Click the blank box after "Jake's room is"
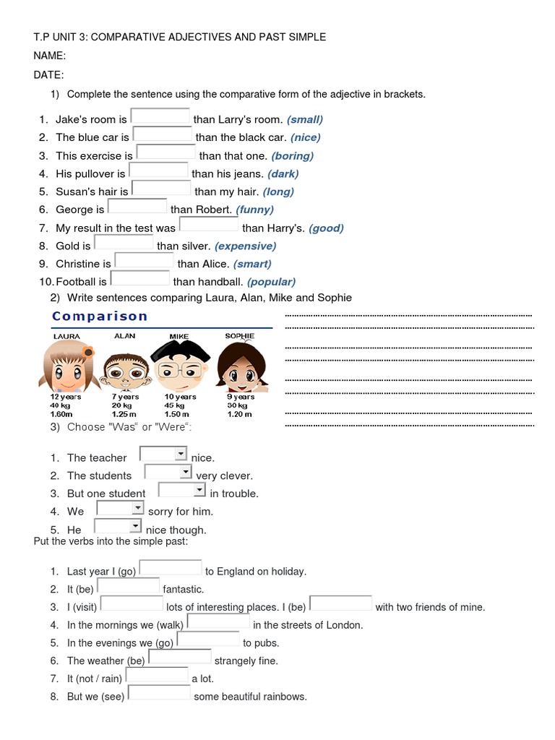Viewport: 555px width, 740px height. pyautogui.click(x=160, y=117)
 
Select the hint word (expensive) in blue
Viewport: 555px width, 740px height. pyautogui.click(x=245, y=246)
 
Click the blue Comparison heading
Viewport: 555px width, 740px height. pyautogui.click(x=100, y=317)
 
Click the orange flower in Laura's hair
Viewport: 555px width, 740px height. pyautogui.click(x=88, y=352)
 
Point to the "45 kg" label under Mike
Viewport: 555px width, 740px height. pyautogui.click(x=176, y=405)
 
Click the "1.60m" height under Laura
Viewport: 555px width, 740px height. pyautogui.click(x=61, y=414)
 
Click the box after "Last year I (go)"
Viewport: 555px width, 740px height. pyautogui.click(x=171, y=569)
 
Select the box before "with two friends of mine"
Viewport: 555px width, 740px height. pyautogui.click(x=340, y=604)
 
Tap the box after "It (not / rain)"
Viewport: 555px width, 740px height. pyautogui.click(x=157, y=676)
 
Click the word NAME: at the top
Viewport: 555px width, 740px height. pyautogui.click(x=50, y=56)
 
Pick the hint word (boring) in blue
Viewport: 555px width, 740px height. pyautogui.click(x=292, y=155)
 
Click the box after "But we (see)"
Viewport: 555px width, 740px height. pyautogui.click(x=159, y=694)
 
